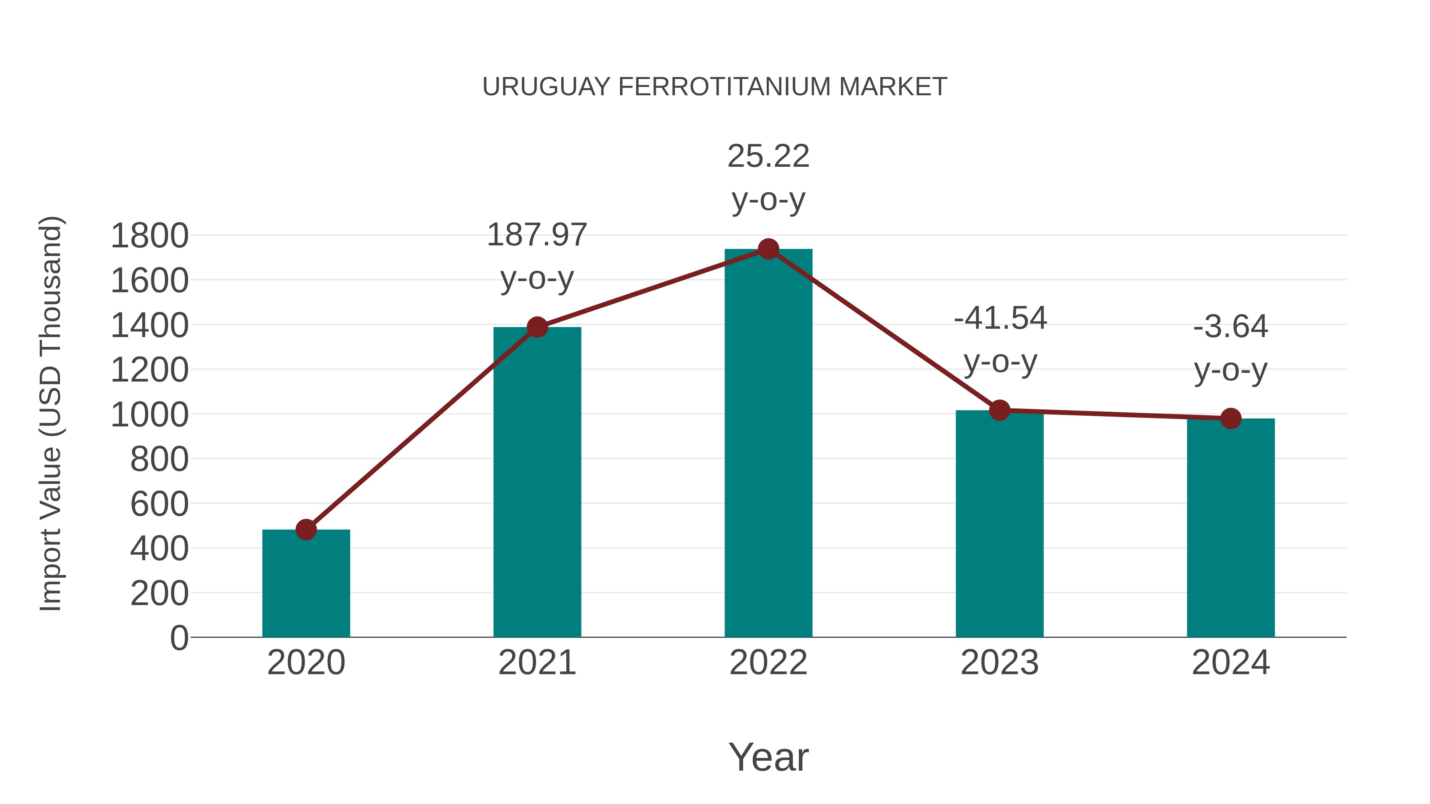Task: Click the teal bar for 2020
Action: click(x=306, y=583)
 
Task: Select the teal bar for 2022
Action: click(x=768, y=444)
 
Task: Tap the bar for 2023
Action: click(x=999, y=524)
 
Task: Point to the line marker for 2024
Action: click(x=1231, y=418)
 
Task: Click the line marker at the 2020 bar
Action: click(x=306, y=529)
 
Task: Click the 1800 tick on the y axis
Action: click(x=150, y=236)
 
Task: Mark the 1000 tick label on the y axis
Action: click(x=150, y=415)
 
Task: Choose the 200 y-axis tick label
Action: click(x=159, y=593)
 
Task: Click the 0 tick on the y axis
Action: click(x=179, y=638)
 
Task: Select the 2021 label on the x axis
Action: click(x=537, y=663)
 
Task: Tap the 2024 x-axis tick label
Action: click(x=1231, y=663)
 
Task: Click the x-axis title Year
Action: click(x=768, y=757)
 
